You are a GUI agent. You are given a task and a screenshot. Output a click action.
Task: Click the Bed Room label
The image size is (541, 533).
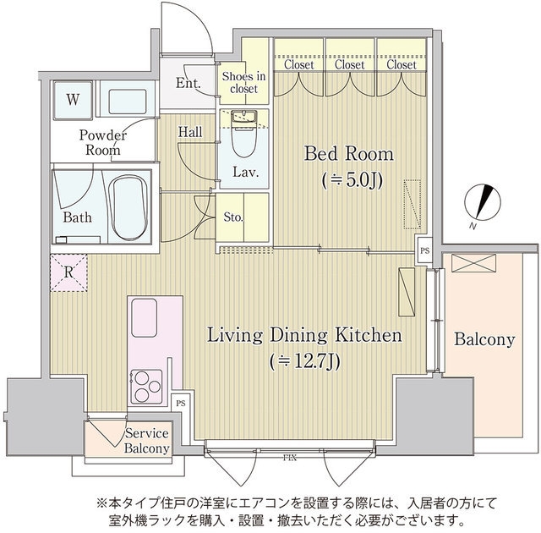(348, 155)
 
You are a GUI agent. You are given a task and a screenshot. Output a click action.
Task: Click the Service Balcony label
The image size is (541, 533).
(146, 441)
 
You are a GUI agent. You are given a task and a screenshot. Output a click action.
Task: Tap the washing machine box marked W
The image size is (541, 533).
(74, 99)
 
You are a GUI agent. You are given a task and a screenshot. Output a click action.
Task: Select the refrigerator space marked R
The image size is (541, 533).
(68, 272)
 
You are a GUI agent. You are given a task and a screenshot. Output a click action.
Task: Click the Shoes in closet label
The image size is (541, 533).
(243, 82)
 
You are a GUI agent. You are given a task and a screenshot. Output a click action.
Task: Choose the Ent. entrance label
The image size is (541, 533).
(188, 83)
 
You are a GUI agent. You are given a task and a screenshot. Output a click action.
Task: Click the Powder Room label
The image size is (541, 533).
(103, 143)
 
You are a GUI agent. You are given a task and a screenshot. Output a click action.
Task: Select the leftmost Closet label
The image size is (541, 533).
(299, 65)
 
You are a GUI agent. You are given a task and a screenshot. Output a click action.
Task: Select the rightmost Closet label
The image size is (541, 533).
(401, 65)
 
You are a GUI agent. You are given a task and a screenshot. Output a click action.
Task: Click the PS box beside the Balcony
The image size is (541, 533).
(424, 250)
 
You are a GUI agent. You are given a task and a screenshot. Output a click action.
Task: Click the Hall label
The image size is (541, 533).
(189, 132)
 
